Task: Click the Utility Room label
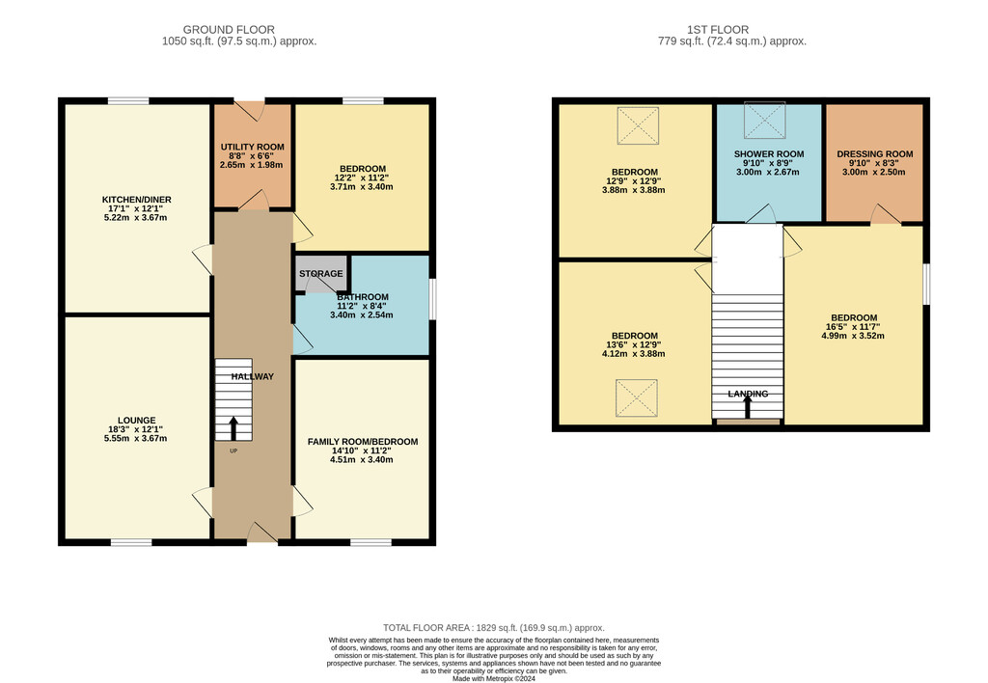[x=252, y=147]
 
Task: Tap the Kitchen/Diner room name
[x=137, y=200]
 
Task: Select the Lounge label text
[x=137, y=421]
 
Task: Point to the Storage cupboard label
[x=320, y=273]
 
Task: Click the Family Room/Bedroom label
[x=363, y=442]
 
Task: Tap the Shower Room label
[x=769, y=153]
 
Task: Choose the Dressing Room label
[x=874, y=153]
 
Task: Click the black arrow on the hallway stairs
[x=233, y=428]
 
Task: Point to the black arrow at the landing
[x=748, y=406]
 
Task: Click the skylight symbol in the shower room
[x=764, y=120]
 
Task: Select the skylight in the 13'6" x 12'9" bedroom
[x=637, y=397]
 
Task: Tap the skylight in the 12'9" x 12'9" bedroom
[x=638, y=126]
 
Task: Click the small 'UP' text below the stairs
[x=233, y=451]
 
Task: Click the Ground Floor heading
[x=229, y=30]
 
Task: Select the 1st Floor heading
[x=718, y=30]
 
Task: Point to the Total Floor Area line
[x=494, y=628]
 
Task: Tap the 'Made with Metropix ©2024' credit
[x=494, y=679]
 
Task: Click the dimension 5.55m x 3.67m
[x=135, y=439]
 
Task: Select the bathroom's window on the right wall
[x=433, y=299]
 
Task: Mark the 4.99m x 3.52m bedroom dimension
[x=853, y=336]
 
